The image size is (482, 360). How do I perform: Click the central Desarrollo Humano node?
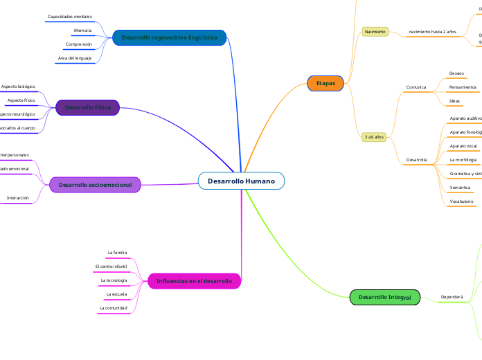[x=241, y=181]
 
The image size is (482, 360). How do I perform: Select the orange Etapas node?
[x=325, y=83]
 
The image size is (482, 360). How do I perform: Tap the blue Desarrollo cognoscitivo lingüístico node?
[x=169, y=37]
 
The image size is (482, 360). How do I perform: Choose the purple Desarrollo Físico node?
[x=87, y=107]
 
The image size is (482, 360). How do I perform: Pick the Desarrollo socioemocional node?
[x=95, y=185]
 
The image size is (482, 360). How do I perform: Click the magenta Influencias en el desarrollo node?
[x=194, y=281]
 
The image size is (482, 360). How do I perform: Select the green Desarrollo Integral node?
[x=385, y=297]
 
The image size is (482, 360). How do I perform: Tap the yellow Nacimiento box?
[x=375, y=32]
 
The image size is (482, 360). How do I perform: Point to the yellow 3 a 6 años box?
[x=374, y=137]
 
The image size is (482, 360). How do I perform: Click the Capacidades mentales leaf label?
[x=69, y=16]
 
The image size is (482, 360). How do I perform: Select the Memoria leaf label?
[x=82, y=30]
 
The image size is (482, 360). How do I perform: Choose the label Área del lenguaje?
[x=75, y=58]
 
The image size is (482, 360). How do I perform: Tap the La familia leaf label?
[x=117, y=253]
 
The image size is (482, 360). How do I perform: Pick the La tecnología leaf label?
[x=114, y=280]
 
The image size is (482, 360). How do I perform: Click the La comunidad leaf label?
[x=113, y=307]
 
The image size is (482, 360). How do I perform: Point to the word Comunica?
[x=416, y=87]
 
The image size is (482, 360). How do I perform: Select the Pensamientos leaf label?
[x=463, y=87]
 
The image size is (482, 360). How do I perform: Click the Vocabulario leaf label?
[x=461, y=201]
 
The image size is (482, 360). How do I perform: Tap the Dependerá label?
[x=452, y=297]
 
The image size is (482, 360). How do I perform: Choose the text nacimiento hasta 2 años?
[x=432, y=32]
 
